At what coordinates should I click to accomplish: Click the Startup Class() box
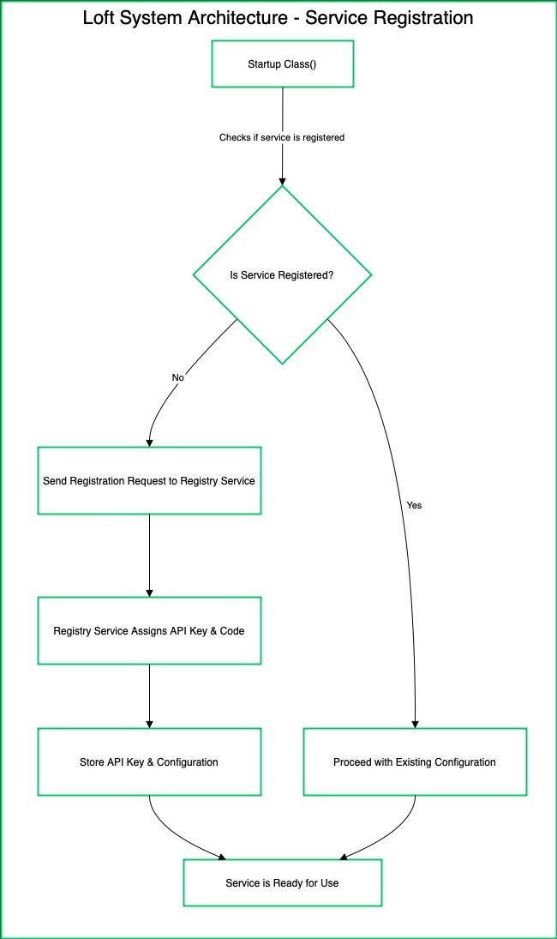(x=282, y=64)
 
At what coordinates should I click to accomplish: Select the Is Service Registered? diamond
(x=282, y=275)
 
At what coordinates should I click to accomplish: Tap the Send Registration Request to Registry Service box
(x=149, y=480)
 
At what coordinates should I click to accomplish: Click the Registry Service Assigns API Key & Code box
(x=149, y=630)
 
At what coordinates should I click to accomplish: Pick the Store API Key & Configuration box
(x=149, y=761)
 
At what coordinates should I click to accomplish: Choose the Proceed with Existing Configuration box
(x=415, y=761)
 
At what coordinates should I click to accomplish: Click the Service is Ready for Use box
(x=282, y=882)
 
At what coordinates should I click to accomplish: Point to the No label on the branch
(x=178, y=377)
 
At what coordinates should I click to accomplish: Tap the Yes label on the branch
(x=414, y=505)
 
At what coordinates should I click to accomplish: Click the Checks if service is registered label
(x=282, y=137)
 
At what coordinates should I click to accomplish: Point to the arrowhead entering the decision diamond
(x=282, y=180)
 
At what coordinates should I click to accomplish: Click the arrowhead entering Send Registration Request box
(x=149, y=442)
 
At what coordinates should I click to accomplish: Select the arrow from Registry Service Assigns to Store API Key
(x=149, y=695)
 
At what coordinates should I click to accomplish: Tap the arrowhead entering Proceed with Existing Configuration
(x=415, y=723)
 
